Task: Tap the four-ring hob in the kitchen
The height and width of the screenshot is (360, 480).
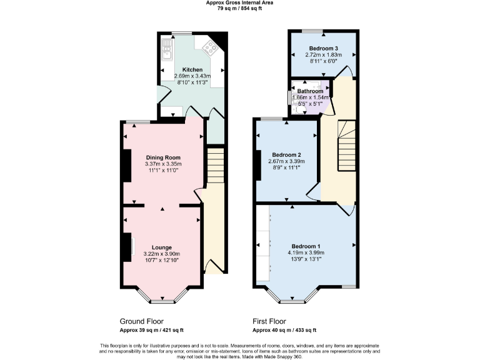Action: [208, 46]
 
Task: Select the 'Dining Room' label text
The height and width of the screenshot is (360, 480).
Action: [163, 157]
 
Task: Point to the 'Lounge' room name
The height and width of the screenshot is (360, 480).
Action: [162, 247]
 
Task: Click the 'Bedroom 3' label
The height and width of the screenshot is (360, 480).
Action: [324, 48]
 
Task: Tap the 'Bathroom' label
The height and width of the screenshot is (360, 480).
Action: [310, 91]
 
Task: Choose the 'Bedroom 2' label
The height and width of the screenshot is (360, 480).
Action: [287, 154]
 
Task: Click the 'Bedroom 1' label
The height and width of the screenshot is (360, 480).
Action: [306, 246]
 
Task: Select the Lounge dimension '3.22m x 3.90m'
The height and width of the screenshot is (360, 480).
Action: [162, 254]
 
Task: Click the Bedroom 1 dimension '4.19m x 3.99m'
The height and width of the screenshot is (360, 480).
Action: [306, 252]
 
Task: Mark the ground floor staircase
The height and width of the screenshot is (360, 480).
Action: [214, 165]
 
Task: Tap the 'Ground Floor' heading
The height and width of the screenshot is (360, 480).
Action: [141, 321]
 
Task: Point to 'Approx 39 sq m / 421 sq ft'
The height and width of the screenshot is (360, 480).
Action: [151, 330]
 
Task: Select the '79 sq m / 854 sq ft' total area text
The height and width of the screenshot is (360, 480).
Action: [240, 9]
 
